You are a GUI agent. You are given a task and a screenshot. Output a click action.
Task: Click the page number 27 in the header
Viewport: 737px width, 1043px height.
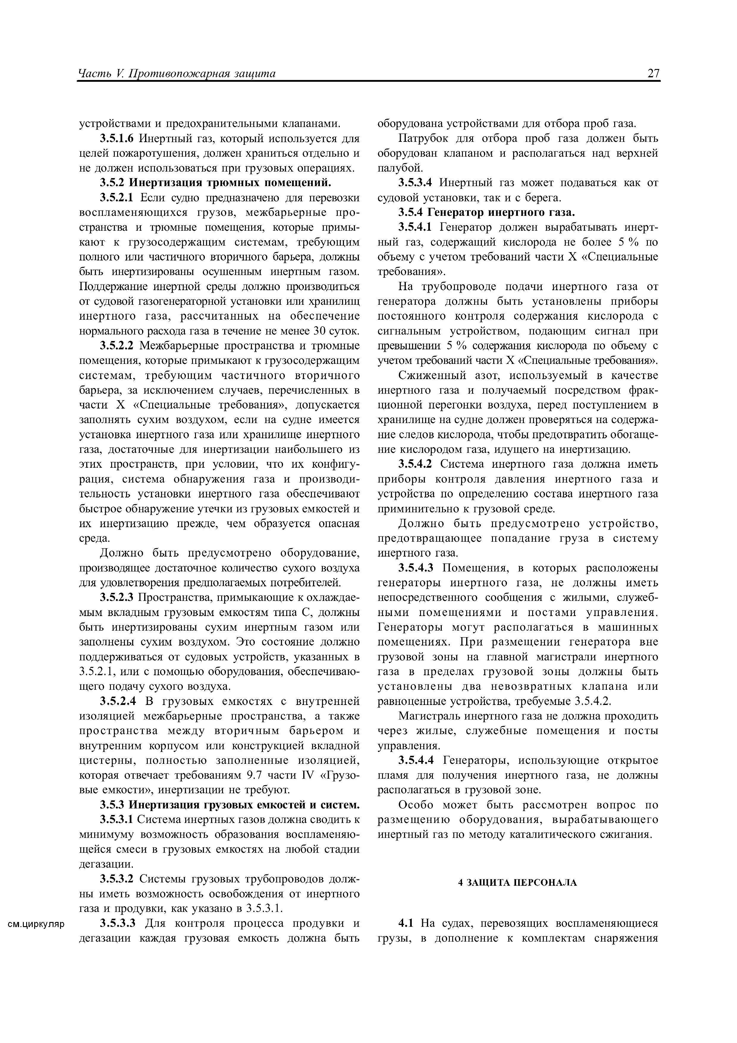(653, 74)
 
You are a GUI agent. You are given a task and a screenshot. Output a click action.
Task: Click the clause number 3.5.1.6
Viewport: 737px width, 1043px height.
(118, 139)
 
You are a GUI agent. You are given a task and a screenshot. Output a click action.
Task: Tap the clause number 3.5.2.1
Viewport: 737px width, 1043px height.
(118, 198)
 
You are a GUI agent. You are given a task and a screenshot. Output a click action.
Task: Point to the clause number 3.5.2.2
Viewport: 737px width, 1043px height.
(118, 346)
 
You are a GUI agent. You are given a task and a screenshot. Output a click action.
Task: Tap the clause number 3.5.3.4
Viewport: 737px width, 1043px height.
(417, 183)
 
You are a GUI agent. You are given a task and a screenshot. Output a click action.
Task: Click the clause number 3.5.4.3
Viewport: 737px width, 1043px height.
(417, 568)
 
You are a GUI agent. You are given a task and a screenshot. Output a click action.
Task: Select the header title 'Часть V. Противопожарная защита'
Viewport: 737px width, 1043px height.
(177, 74)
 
